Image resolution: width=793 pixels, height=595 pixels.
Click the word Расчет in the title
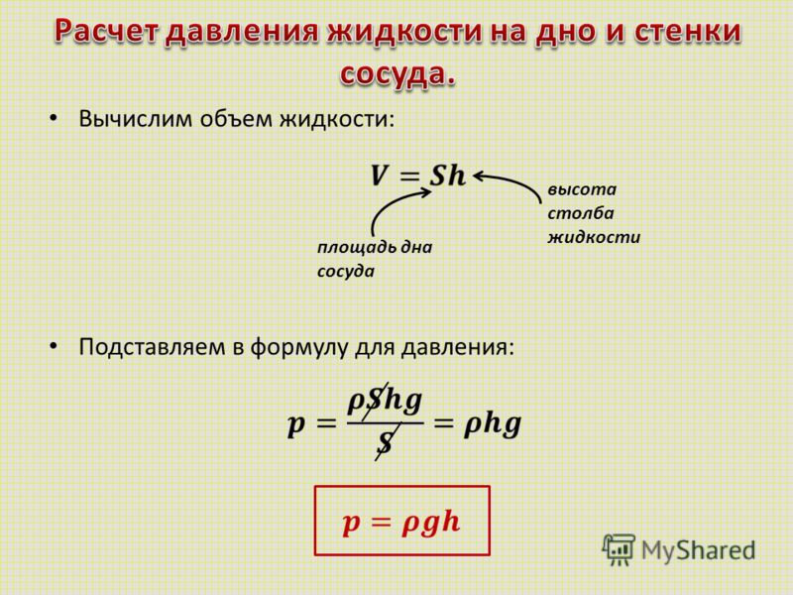click(107, 31)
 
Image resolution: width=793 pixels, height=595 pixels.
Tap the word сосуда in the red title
click(397, 73)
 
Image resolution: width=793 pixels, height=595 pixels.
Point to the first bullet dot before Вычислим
click(54, 118)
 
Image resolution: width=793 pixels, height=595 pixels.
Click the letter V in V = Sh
click(379, 177)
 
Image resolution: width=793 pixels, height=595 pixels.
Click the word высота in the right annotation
click(582, 189)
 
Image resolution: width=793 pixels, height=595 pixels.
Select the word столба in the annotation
click(581, 212)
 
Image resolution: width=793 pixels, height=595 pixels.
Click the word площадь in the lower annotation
click(357, 247)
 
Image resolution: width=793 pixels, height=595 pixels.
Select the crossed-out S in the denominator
click(387, 442)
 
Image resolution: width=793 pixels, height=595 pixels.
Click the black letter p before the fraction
click(295, 425)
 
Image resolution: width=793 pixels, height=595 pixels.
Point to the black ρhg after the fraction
click(492, 424)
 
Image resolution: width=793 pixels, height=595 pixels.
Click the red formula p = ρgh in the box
click(401, 522)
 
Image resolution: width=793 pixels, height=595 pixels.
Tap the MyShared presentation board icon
click(618, 550)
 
